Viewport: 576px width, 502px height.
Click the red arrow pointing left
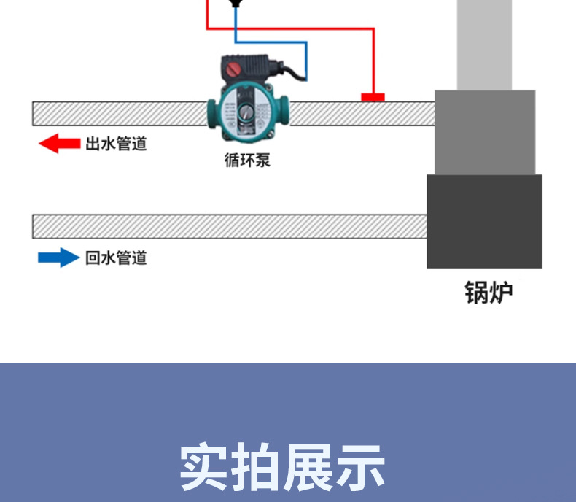58,144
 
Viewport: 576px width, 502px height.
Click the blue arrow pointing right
58,258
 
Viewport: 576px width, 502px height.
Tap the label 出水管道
116,144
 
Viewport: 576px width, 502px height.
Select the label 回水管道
116,258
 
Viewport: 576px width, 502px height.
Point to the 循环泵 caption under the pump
247,160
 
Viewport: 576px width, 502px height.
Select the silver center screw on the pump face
248,114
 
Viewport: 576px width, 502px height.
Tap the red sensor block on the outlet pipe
373,97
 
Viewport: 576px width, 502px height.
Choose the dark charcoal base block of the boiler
484,221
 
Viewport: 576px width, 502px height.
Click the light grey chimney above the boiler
484,44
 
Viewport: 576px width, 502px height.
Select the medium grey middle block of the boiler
484,132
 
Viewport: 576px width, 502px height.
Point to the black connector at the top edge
235,4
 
